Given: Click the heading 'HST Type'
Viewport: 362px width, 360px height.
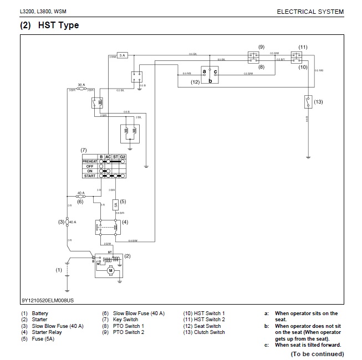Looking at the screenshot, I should point(58,25).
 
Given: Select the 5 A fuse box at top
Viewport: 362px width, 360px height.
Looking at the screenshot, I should point(123,55).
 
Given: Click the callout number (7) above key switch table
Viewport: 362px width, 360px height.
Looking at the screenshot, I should point(84,150).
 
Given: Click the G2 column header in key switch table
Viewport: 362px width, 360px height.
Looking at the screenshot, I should point(123,156).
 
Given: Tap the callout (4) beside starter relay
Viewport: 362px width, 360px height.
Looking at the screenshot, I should point(125,222).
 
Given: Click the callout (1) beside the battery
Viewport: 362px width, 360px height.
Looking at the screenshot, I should point(58,270).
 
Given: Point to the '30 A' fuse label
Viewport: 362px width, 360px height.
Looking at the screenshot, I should point(81,85).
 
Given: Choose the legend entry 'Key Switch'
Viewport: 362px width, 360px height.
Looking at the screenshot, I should point(126,320).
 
